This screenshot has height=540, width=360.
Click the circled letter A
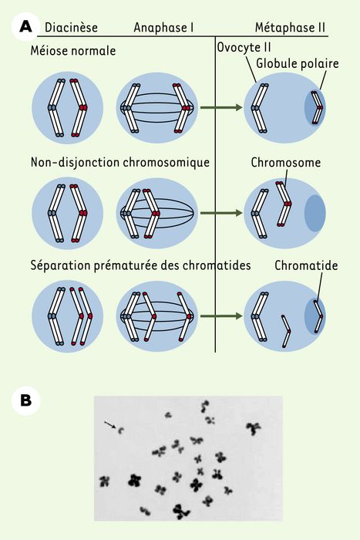25,26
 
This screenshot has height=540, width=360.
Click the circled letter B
25,400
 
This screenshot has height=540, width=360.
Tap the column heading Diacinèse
71,28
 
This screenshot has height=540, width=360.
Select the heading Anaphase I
163,28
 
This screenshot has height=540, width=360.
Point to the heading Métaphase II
290,28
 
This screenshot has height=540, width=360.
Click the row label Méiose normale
73,51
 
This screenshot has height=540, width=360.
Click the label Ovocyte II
244,47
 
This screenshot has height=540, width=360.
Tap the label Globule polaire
298,63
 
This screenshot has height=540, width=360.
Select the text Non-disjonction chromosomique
120,162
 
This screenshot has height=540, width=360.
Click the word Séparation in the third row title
61,265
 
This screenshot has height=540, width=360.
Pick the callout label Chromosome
286,162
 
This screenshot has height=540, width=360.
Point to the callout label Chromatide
306,265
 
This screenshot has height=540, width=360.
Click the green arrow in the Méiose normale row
221,107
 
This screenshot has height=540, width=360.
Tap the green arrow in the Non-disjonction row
221,213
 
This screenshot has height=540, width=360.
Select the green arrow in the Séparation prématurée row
221,316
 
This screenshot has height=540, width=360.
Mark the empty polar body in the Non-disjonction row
315,213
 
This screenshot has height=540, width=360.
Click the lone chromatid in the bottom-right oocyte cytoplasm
286,331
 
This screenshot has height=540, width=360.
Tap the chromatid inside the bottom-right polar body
318,316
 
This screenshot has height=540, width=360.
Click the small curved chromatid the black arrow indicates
120,430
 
